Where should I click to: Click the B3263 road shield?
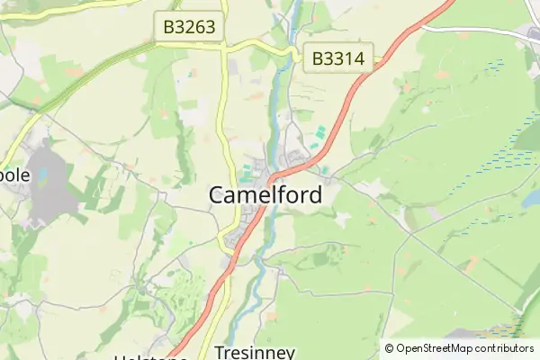[x=189, y=27]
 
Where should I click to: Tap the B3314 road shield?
[x=337, y=59]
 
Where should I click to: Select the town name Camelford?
[x=265, y=194]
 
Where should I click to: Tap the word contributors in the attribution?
[x=505, y=348]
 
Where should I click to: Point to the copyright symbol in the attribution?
[x=389, y=348]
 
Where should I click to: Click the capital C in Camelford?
[x=218, y=194]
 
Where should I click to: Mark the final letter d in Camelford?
[x=314, y=194]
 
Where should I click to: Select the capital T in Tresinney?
[x=220, y=352]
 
